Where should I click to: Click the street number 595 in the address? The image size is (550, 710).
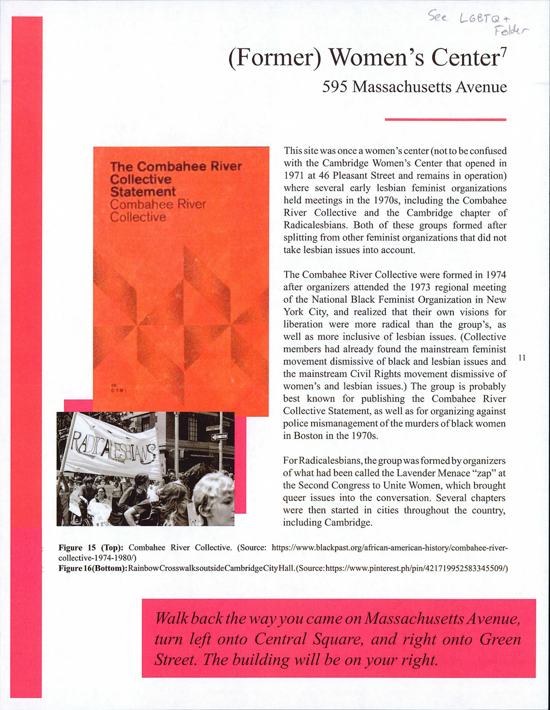(335, 87)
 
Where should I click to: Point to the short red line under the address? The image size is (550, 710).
(445, 120)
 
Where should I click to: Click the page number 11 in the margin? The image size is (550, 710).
(522, 357)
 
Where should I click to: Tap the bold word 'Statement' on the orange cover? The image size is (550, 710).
(143, 192)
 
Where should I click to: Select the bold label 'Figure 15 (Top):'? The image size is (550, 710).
(91, 548)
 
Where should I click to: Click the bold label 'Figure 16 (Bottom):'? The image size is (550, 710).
(93, 568)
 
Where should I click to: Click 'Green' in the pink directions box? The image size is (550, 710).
(500, 639)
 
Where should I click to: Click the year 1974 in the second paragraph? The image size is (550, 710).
(496, 275)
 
